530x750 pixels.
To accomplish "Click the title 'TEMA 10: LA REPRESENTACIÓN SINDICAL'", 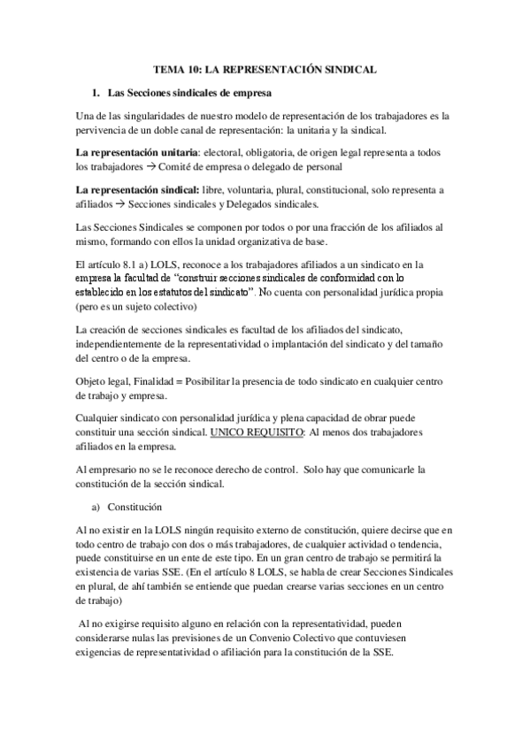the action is [265, 67].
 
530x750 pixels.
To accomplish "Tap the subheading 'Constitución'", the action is [137, 507].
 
